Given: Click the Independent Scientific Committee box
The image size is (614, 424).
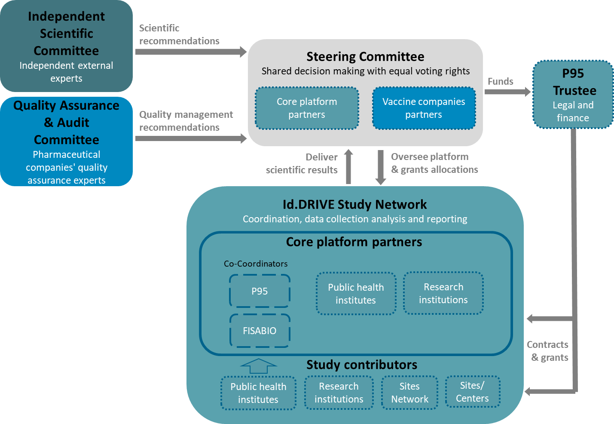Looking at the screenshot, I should pos(66,46).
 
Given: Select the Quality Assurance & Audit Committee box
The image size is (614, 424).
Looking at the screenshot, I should pos(66,142).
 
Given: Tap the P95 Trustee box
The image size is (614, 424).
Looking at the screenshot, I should pos(573,95).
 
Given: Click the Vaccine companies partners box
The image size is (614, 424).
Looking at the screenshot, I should pos(424,108).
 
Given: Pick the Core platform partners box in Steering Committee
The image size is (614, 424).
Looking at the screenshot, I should pos(307,108).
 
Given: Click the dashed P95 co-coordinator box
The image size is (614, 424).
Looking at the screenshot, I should pos(260,291).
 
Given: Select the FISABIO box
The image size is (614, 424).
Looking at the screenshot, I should pos(260,331).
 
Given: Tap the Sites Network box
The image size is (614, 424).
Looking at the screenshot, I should pos(409,393).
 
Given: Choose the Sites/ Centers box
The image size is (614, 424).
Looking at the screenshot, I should pos(472,392).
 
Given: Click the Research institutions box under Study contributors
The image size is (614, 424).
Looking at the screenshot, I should pos(339,393).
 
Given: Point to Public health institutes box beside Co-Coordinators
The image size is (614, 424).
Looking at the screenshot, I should pos(356,294).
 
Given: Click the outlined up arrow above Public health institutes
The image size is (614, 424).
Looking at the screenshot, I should pos(259,366).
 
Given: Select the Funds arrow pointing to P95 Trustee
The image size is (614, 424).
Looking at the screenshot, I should pos(507,92).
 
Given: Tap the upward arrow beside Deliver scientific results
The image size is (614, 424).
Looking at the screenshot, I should pos(348,167).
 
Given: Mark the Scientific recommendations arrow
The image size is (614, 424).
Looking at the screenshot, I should pos(190,52).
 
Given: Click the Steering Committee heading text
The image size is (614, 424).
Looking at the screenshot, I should pos(365,57).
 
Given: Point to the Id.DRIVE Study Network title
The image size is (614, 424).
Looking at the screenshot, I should pos(354,204).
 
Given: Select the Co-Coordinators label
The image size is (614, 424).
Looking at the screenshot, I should pos(256,264).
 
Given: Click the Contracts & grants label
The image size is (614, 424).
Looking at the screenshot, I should pos(548,351).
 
